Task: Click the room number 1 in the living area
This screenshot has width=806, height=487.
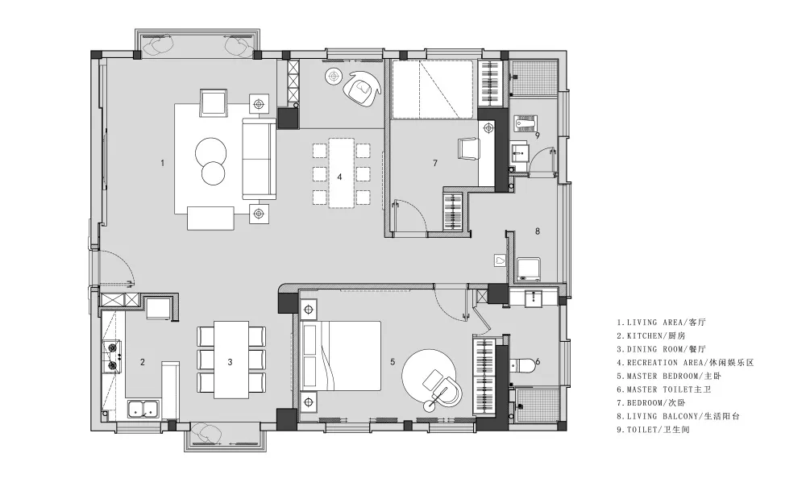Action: pos(163,163)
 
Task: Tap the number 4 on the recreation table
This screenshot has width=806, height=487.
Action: pos(339,177)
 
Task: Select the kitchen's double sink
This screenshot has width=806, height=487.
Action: pos(143,409)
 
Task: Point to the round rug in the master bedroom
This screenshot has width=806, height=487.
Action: pos(429,376)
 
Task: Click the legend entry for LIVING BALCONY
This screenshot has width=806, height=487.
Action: pos(679,416)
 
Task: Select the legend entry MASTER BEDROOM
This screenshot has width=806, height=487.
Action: pos(669,376)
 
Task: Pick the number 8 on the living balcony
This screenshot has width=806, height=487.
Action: pos(538,231)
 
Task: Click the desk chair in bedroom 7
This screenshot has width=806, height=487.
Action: pos(468,148)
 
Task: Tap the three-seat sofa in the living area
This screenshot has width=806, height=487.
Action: pos(259,158)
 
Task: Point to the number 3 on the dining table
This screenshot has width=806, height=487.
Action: pos(230,362)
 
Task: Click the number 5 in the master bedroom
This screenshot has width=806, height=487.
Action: pos(393,362)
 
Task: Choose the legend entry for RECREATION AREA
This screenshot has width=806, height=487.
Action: pos(685,363)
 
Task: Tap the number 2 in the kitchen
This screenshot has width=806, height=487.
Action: pos(143,362)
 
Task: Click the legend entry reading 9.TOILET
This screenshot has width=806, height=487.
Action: pos(653,430)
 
